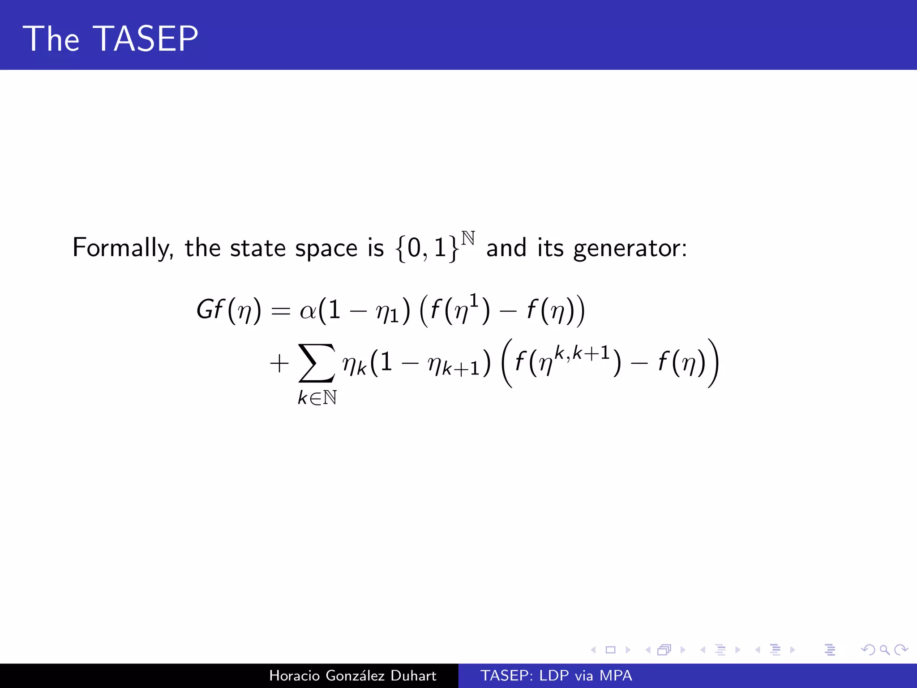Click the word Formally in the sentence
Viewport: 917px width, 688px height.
(x=122, y=248)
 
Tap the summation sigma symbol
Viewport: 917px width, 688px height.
(x=317, y=363)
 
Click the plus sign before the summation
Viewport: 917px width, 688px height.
(x=279, y=363)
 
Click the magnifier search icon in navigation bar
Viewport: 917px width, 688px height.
(x=884, y=649)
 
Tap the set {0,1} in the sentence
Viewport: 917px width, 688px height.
(x=427, y=248)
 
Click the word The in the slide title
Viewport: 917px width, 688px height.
(x=51, y=39)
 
